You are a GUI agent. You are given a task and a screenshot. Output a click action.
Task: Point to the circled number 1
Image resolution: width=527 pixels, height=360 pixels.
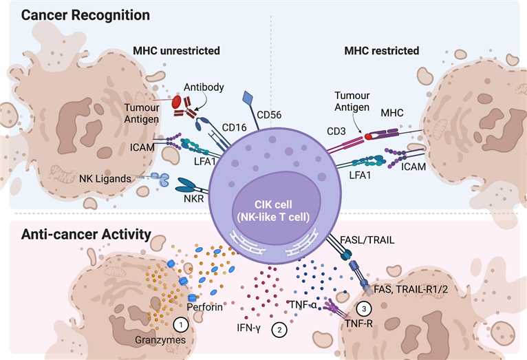(x=180, y=322)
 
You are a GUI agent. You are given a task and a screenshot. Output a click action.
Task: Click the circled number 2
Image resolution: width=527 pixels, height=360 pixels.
(x=279, y=329)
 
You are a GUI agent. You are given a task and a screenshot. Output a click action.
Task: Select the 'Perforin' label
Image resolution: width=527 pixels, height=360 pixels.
(x=204, y=306)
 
